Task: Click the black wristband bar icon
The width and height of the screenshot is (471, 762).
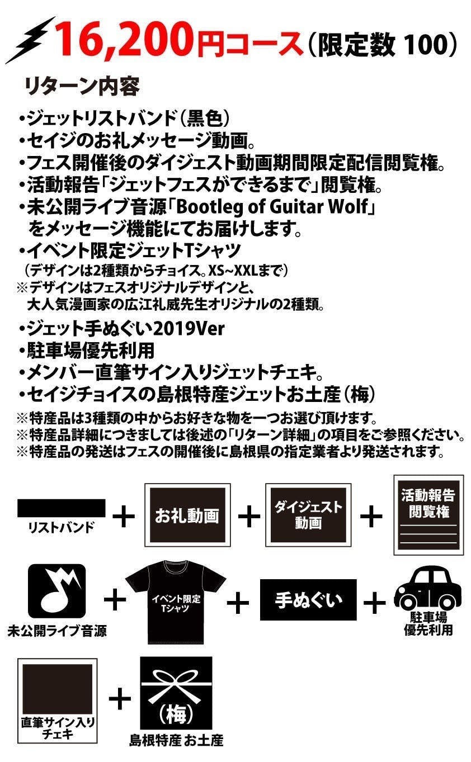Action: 62,508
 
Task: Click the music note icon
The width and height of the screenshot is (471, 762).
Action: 56,592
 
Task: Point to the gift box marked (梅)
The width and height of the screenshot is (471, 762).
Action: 176,693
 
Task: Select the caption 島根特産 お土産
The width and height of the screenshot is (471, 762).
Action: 176,742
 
